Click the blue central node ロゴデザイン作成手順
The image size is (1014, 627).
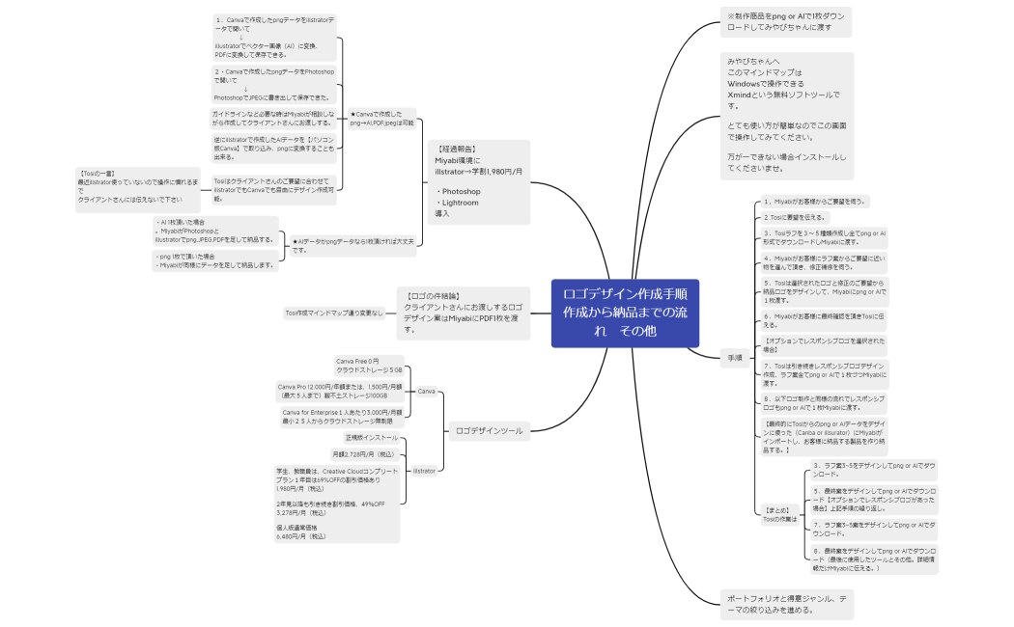624,313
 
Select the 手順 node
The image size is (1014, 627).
735,358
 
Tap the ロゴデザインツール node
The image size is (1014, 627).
490,430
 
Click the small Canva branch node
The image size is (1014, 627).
426,391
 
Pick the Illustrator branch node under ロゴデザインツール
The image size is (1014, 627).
425,471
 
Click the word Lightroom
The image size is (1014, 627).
460,203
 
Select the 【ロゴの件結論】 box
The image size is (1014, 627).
463,312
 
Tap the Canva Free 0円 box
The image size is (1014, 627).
368,366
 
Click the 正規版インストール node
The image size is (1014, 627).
364,438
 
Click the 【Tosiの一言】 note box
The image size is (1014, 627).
137,186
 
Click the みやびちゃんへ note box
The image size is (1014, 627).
786,116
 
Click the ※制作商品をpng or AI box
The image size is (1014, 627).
785,22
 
